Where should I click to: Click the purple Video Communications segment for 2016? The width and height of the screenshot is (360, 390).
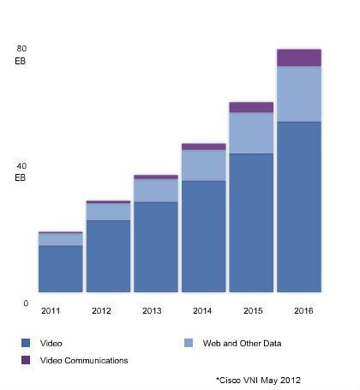pyautogui.click(x=299, y=57)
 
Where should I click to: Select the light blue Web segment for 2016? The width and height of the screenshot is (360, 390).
pyautogui.click(x=299, y=93)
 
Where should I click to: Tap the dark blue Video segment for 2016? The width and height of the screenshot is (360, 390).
pyautogui.click(x=299, y=207)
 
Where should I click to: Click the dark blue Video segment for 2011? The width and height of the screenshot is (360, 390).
pyautogui.click(x=60, y=268)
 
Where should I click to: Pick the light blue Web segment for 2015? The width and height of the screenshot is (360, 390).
pyautogui.click(x=251, y=133)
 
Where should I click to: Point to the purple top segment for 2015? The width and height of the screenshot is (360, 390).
pyautogui.click(x=251, y=107)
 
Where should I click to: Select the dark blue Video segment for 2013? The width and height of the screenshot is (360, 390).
pyautogui.click(x=156, y=247)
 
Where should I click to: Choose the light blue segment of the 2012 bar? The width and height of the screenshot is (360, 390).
pyautogui.click(x=108, y=212)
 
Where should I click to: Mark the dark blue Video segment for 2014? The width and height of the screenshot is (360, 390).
pyautogui.click(x=203, y=236)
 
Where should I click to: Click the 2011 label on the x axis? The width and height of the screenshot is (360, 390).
pyautogui.click(x=52, y=310)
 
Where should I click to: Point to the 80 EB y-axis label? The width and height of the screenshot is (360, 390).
pyautogui.click(x=22, y=55)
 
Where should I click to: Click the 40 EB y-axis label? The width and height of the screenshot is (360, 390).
pyautogui.click(x=22, y=171)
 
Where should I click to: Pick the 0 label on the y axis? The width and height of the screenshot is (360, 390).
pyautogui.click(x=26, y=303)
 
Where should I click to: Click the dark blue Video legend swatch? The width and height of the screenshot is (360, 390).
pyautogui.click(x=24, y=343)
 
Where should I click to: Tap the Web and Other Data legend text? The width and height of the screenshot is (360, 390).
pyautogui.click(x=243, y=343)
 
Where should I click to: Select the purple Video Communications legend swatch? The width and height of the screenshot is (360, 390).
pyautogui.click(x=24, y=360)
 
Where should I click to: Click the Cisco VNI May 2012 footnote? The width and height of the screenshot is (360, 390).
pyautogui.click(x=258, y=379)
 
